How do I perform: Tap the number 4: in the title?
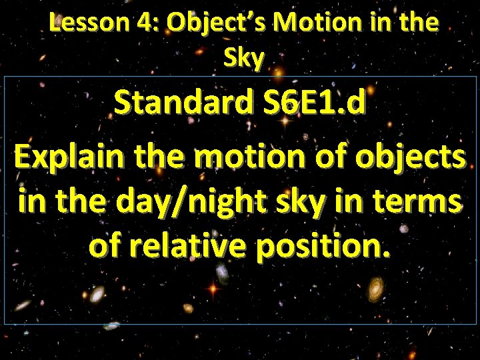(x=151, y=24)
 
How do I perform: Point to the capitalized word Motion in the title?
(x=311, y=24)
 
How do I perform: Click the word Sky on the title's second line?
(x=245, y=59)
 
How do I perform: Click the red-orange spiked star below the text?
(x=213, y=289)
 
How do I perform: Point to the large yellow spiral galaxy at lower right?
(x=376, y=288)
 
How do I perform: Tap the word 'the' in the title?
(x=418, y=24)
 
